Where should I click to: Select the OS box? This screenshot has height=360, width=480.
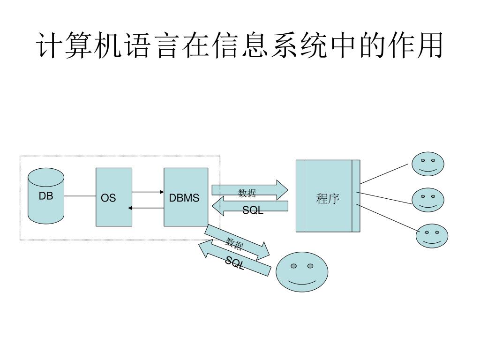click(x=114, y=197)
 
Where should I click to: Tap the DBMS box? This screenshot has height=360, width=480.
click(x=186, y=197)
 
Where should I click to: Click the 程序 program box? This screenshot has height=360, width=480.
click(x=328, y=196)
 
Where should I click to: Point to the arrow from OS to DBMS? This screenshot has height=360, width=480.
click(x=148, y=192)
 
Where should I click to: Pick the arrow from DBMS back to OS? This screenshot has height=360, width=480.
click(x=148, y=208)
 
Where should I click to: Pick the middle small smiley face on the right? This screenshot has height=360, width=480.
click(x=427, y=200)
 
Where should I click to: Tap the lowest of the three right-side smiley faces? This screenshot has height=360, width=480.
click(x=432, y=236)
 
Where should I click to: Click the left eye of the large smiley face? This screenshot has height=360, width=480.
click(x=294, y=266)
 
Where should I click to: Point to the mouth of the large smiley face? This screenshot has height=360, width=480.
click(x=302, y=283)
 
